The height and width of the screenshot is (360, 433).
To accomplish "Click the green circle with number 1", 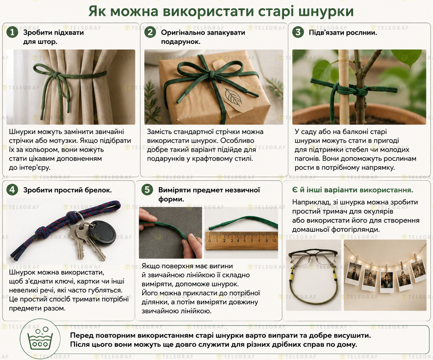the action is (12, 32).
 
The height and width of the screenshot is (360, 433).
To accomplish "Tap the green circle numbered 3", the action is (298, 32).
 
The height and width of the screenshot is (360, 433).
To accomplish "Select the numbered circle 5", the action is (147, 190).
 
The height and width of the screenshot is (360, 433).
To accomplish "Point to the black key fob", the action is (102, 233).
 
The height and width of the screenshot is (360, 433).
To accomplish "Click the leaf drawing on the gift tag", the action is (233, 97).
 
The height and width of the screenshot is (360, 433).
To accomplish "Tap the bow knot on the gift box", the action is (211, 74).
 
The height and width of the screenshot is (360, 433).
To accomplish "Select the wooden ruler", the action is (242, 241).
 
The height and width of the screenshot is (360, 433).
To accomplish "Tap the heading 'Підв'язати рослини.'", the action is (343, 32).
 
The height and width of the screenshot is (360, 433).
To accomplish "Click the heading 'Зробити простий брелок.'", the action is (67, 190).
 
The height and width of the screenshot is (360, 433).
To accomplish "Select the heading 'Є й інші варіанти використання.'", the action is (352, 190).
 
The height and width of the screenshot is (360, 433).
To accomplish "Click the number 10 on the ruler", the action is (274, 241).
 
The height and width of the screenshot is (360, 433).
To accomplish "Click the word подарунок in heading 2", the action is (181, 42).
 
